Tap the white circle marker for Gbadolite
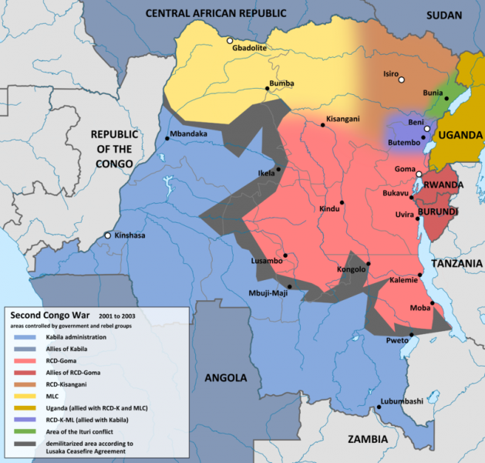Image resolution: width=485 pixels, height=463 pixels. [229, 40]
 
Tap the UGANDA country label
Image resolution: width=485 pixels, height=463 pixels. [460, 135]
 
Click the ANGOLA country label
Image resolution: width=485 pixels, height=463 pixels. [225, 378]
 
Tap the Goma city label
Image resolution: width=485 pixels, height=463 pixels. [405, 169]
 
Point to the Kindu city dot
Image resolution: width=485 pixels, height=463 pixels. [341, 203]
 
